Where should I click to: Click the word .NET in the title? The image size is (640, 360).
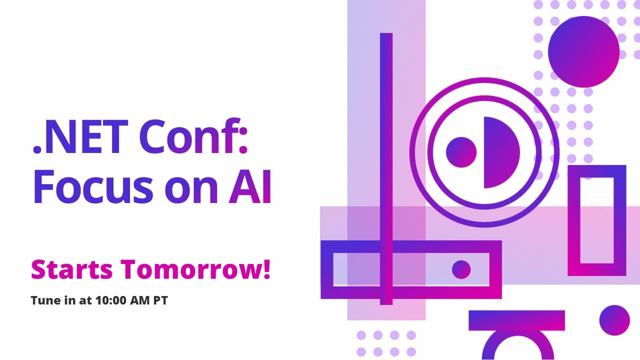(x=80, y=137)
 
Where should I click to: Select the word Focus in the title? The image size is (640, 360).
(x=93, y=186)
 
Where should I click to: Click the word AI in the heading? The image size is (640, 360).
(x=249, y=186)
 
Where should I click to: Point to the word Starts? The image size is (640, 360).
(x=71, y=269)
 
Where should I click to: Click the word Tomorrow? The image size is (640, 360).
(x=195, y=269)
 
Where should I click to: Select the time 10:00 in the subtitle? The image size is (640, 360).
(x=111, y=300)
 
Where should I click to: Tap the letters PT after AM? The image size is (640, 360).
(x=160, y=300)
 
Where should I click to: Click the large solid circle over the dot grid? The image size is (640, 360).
(x=583, y=51)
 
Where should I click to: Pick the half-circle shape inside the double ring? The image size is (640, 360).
(x=501, y=152)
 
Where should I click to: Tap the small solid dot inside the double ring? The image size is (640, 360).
(x=461, y=152)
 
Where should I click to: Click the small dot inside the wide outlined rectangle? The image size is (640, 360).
(x=461, y=269)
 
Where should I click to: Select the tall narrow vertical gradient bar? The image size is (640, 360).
(x=386, y=169)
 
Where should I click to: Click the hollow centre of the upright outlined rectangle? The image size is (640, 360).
(x=597, y=220)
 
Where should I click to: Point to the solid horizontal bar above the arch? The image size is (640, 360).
(x=516, y=320)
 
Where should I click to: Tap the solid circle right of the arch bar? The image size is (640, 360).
(x=614, y=320)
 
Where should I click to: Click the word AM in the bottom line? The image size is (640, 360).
(x=140, y=300)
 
